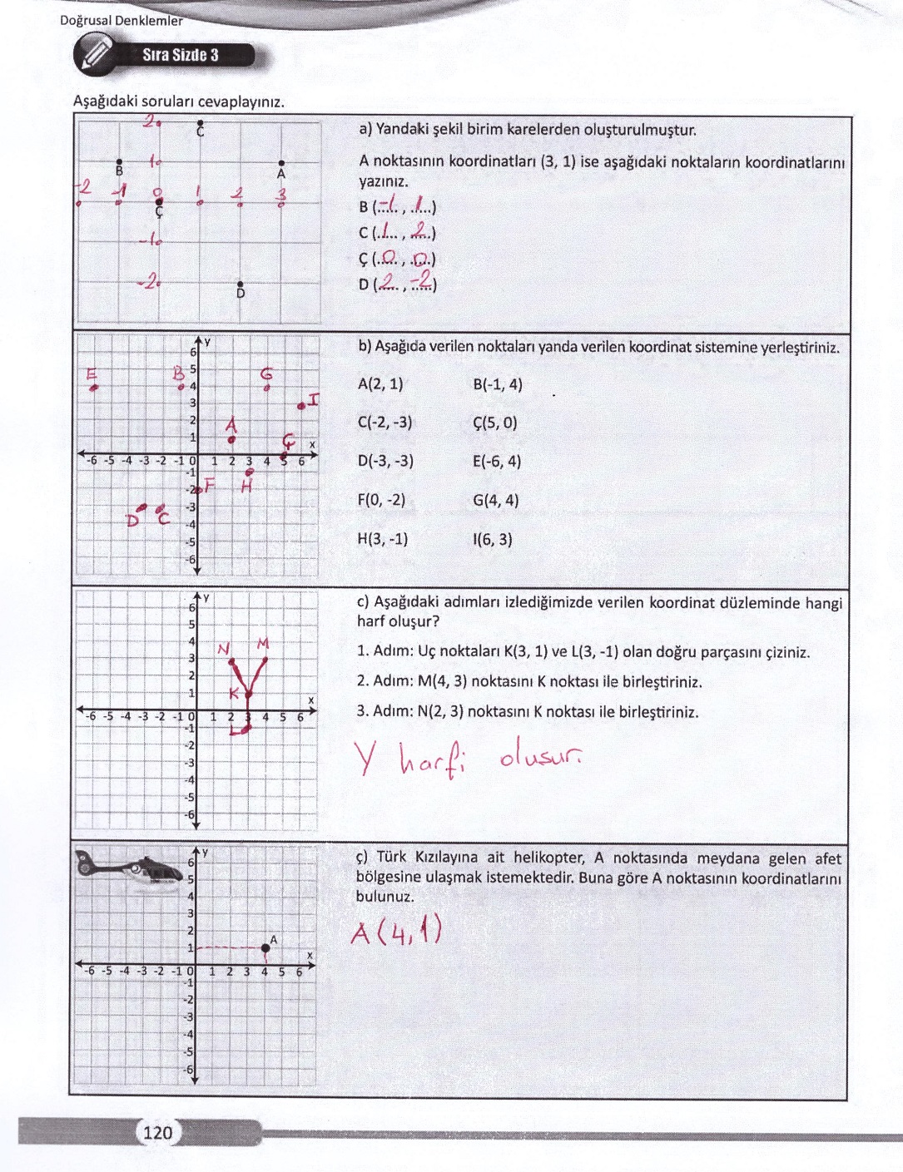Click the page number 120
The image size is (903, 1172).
(x=157, y=1132)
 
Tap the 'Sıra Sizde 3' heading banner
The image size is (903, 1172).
(x=181, y=56)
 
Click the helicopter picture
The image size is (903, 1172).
(x=129, y=869)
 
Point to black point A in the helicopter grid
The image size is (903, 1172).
(x=265, y=947)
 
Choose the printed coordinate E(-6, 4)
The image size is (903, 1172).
(x=497, y=462)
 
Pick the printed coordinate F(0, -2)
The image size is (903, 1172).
(x=381, y=501)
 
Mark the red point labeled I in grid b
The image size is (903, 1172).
(x=301, y=406)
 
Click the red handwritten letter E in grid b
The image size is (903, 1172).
(x=92, y=373)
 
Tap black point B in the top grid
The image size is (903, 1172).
(x=119, y=162)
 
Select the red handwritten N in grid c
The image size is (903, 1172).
(x=223, y=649)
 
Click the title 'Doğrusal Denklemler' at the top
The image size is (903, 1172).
(x=122, y=21)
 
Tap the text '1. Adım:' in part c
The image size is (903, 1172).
(x=385, y=652)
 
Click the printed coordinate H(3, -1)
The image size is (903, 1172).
(x=382, y=539)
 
